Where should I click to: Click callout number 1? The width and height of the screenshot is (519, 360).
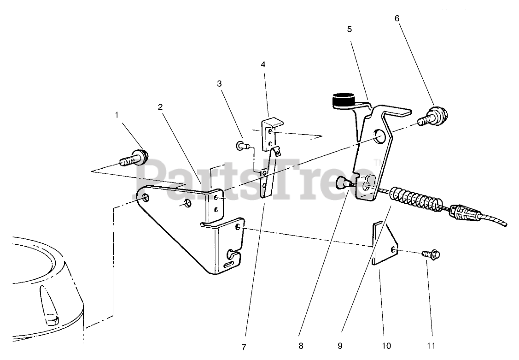(x=117, y=115)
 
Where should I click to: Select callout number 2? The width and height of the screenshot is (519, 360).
(x=160, y=107)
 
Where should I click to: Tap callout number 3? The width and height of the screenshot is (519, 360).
(x=219, y=84)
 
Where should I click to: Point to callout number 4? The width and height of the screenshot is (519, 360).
(x=263, y=65)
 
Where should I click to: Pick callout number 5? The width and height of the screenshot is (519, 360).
(x=349, y=29)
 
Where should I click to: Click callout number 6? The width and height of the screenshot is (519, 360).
(x=397, y=18)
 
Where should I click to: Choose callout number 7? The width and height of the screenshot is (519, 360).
(x=245, y=346)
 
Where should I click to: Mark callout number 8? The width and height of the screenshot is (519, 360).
(x=300, y=346)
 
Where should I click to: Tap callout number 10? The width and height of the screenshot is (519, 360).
(x=386, y=346)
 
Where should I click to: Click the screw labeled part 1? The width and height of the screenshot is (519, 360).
(x=135, y=158)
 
